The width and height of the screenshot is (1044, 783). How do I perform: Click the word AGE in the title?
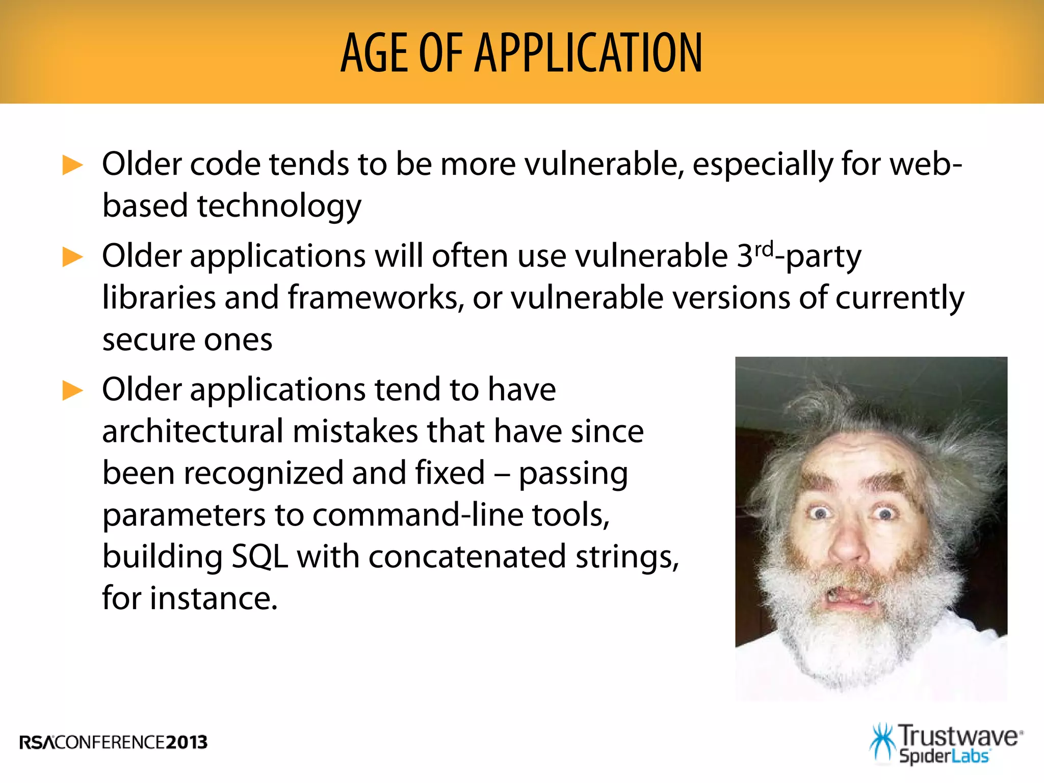tap(374, 53)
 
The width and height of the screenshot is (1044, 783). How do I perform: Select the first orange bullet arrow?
tap(72, 166)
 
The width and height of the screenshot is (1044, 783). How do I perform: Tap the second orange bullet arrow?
tap(72, 257)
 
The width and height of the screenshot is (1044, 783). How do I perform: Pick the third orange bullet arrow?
tap(72, 391)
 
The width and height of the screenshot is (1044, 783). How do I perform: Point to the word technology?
tap(279, 206)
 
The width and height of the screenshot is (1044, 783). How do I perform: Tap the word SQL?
tap(259, 557)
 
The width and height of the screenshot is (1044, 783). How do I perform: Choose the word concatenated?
tap(467, 557)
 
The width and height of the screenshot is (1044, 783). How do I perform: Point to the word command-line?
tap(417, 515)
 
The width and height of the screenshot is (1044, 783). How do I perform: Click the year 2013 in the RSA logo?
tap(187, 742)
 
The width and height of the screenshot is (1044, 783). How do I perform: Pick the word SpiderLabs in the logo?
tap(944, 756)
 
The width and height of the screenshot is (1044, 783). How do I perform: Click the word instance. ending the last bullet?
tap(214, 598)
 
